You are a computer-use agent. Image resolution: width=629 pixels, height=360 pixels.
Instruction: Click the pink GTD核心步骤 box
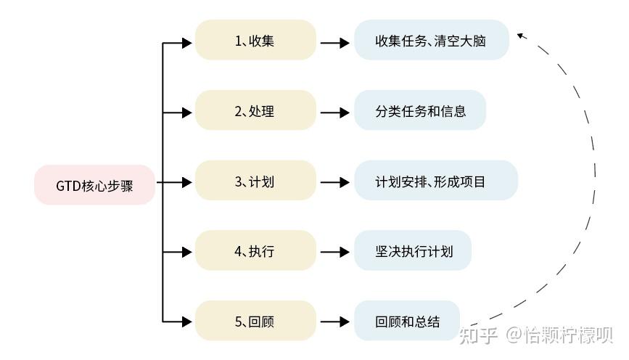pyautogui.click(x=94, y=185)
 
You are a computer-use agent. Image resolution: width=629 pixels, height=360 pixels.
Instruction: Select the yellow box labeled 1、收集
pyautogui.click(x=255, y=41)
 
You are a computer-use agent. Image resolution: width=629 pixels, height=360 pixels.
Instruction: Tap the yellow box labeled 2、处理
pyautogui.click(x=255, y=111)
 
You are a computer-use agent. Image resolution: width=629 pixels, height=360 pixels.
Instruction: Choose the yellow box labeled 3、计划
pyautogui.click(x=255, y=181)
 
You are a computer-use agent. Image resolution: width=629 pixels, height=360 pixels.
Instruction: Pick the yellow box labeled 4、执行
pyautogui.click(x=255, y=251)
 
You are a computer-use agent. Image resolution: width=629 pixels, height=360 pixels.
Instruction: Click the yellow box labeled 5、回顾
pyautogui.click(x=255, y=321)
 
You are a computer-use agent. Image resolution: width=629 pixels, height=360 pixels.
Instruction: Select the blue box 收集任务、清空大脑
pyautogui.click(x=431, y=41)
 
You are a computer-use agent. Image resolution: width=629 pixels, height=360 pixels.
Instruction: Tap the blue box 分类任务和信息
pyautogui.click(x=420, y=111)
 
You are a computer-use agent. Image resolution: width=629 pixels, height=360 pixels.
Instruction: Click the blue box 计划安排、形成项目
pyautogui.click(x=435, y=181)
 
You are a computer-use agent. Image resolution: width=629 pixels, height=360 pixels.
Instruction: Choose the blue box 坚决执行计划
pyautogui.click(x=413, y=251)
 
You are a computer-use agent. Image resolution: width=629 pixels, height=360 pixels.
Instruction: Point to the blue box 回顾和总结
pyautogui.click(x=407, y=321)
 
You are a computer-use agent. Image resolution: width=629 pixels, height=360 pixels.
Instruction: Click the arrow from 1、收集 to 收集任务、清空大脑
pyautogui.click(x=334, y=43)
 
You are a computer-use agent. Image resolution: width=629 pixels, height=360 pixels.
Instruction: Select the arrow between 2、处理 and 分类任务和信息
pyautogui.click(x=334, y=112)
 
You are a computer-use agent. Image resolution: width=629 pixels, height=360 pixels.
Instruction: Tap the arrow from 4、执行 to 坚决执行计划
pyautogui.click(x=334, y=253)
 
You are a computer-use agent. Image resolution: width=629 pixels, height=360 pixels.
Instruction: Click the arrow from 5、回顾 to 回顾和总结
pyautogui.click(x=334, y=322)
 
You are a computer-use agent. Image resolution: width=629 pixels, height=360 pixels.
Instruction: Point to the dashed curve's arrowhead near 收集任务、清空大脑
pyautogui.click(x=522, y=34)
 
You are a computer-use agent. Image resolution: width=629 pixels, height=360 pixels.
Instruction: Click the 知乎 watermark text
pyautogui.click(x=479, y=335)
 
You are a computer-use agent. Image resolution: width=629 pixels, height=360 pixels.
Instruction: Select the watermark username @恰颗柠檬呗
pyautogui.click(x=560, y=335)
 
